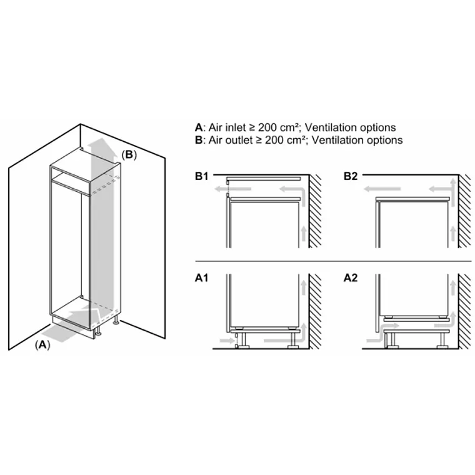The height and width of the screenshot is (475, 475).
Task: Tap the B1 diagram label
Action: tap(201, 177)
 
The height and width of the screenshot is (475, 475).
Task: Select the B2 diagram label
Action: tap(350, 177)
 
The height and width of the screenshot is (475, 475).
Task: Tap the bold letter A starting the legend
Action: tap(199, 127)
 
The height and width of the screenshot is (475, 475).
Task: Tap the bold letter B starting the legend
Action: tap(199, 140)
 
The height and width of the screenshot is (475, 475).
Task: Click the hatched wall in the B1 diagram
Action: tap(315, 212)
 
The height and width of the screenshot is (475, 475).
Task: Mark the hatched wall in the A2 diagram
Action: tap(465, 312)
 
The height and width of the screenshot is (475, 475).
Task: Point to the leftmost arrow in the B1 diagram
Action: tap(221, 187)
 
